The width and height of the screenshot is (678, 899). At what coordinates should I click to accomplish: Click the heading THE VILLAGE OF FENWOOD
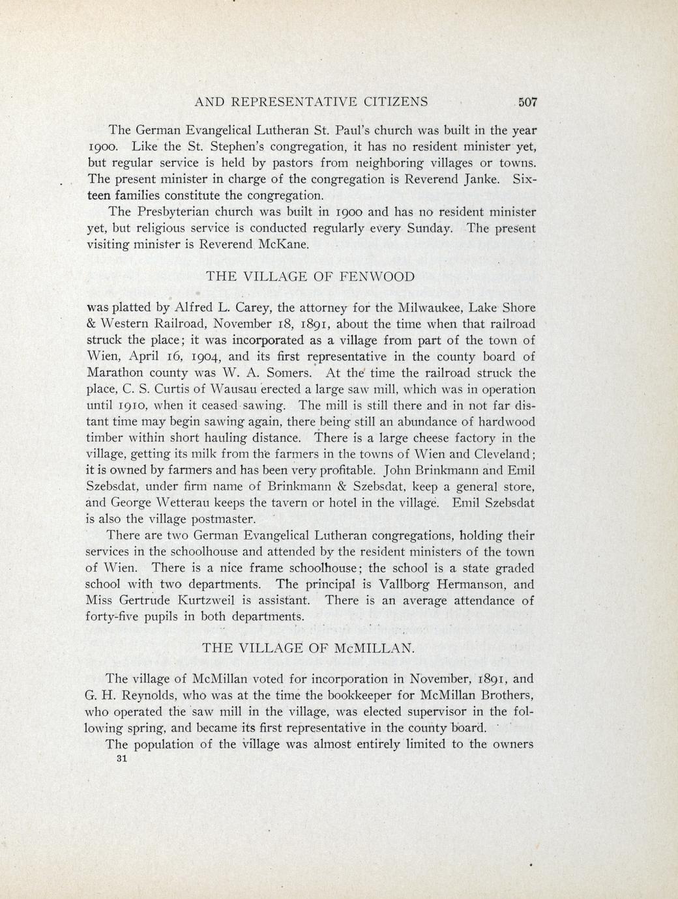pos(310,276)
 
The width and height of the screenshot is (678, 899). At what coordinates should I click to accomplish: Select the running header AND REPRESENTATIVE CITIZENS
pos(312,102)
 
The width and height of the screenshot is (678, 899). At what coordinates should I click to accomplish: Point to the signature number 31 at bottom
pos(119,760)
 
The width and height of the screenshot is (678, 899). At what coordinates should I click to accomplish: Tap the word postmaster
pos(221,519)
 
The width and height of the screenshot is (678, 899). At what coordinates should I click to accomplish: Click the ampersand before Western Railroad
pos(92,324)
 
